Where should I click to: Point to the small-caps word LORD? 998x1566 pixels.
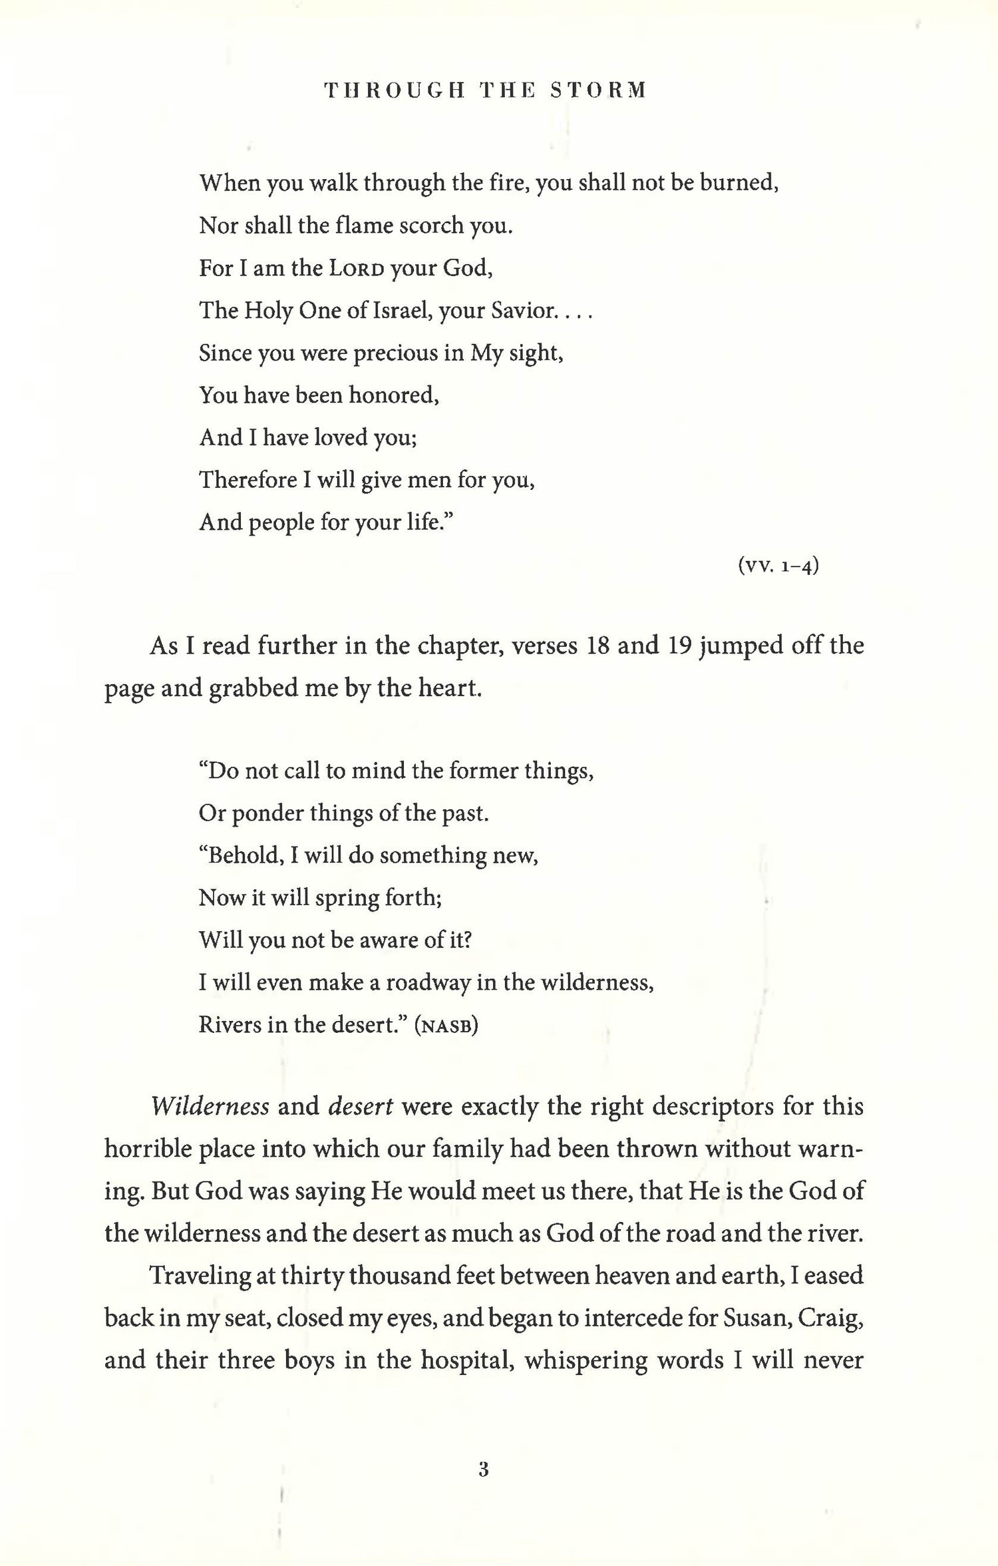(356, 268)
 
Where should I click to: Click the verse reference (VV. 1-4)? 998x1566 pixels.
(778, 566)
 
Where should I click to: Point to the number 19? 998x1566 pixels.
(681, 646)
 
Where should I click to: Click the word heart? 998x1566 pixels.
(452, 688)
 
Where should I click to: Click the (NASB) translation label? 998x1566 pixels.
(446, 1025)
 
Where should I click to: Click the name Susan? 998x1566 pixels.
(754, 1318)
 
